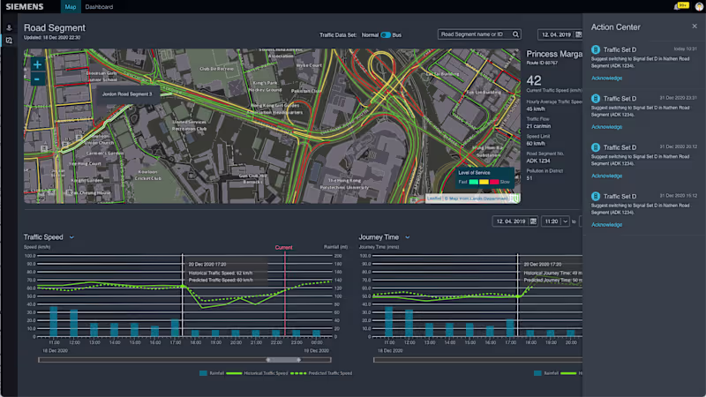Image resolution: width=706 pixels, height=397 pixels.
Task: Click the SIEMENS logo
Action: click(x=25, y=6)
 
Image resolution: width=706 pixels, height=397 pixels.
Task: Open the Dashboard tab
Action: click(x=99, y=7)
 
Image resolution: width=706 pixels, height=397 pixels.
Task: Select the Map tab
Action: click(x=71, y=7)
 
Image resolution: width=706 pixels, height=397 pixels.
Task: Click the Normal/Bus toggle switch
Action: click(x=385, y=34)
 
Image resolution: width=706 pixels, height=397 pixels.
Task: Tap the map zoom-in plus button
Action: click(x=37, y=64)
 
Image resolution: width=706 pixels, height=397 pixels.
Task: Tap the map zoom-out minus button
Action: click(x=37, y=79)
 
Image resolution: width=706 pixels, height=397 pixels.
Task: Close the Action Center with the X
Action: click(x=695, y=26)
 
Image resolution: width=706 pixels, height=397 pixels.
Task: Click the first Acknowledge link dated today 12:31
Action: click(x=606, y=78)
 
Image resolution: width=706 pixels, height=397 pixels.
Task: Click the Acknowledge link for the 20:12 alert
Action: click(x=606, y=176)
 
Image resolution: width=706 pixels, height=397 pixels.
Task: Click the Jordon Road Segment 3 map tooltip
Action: click(x=127, y=93)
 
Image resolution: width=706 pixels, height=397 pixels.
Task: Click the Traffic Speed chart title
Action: click(x=43, y=236)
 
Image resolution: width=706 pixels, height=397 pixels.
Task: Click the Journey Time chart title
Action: click(x=379, y=236)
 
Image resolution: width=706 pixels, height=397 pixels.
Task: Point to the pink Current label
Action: click(x=283, y=248)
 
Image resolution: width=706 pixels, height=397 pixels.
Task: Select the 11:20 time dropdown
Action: click(x=554, y=221)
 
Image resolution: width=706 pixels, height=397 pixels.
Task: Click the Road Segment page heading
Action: click(x=54, y=28)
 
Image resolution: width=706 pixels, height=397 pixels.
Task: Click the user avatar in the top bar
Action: click(x=697, y=7)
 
